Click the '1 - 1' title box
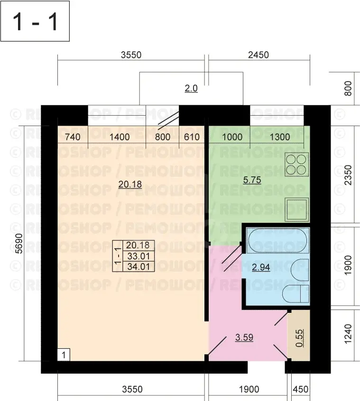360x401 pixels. click(35, 21)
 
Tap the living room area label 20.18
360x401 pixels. click(130, 184)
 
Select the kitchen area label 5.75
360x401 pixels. click(252, 180)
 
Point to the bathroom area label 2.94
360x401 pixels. click(261, 267)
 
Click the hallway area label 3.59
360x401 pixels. click(244, 337)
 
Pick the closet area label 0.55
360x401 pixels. click(299, 338)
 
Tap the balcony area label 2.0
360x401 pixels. click(191, 89)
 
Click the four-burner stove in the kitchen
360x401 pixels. click(297, 164)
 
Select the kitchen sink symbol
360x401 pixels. click(297, 210)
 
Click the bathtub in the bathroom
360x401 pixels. click(278, 240)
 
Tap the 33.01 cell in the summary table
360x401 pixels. click(138, 256)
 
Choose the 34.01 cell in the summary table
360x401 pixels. click(138, 266)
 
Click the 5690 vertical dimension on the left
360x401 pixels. click(19, 244)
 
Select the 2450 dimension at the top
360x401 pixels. click(258, 55)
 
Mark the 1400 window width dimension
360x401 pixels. click(120, 137)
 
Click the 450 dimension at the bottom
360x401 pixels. click(301, 389)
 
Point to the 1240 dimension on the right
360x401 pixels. click(348, 334)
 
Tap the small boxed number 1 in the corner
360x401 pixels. click(64, 355)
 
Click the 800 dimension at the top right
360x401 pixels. click(348, 89)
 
